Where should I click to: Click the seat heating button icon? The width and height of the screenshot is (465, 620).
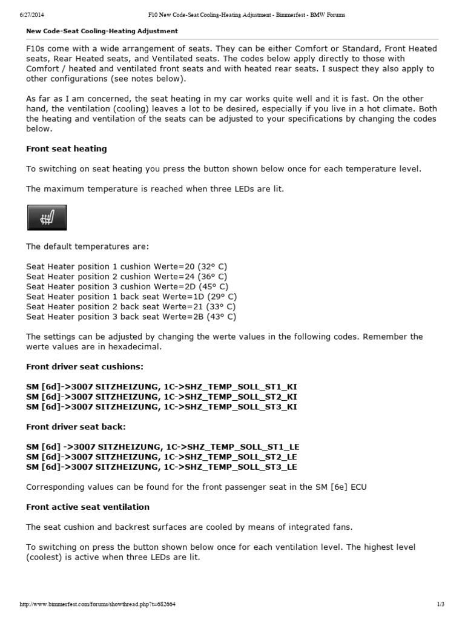click(x=47, y=217)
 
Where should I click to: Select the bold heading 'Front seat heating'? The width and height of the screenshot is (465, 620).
click(x=67, y=148)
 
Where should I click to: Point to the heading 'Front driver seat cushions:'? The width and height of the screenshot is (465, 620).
click(x=85, y=367)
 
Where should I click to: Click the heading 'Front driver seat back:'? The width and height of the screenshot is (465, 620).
click(x=76, y=426)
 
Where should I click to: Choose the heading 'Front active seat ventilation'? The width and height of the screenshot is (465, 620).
click(x=88, y=507)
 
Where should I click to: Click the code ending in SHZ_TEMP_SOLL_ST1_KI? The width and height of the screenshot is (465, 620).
click(x=162, y=386)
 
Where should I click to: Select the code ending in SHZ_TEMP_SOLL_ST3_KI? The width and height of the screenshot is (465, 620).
click(x=162, y=406)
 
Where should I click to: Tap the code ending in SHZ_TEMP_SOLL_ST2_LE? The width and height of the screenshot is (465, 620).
click(x=162, y=457)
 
